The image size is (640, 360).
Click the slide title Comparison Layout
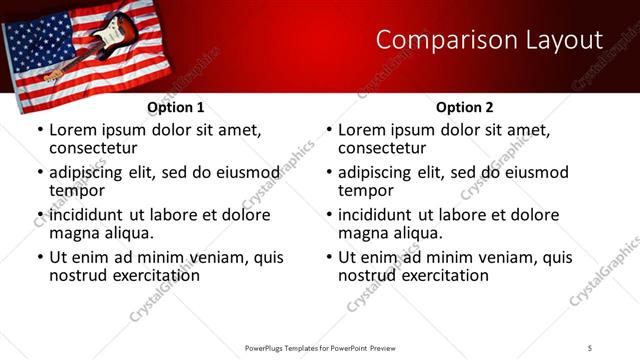coord(489,40)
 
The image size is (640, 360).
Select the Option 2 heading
coord(464,107)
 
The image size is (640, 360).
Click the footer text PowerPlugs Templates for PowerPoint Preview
coord(320,347)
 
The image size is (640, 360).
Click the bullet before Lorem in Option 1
coord(40,131)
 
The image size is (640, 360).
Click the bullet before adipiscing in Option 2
coord(329,173)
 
